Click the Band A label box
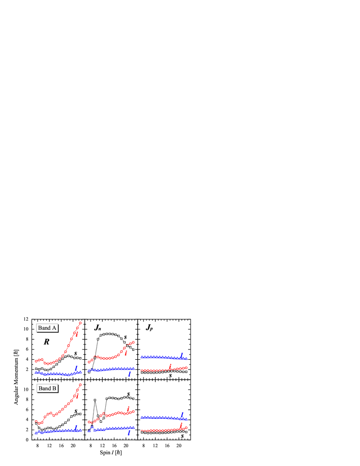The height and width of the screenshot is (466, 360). point(47,328)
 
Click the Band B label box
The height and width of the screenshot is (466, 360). point(47,388)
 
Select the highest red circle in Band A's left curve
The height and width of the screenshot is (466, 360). point(80,323)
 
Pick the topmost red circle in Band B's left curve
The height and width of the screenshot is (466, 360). point(80,385)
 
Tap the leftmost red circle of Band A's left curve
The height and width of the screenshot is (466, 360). point(36,361)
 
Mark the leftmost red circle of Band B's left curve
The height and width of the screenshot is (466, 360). point(36,421)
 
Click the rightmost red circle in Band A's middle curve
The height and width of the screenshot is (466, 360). point(133,343)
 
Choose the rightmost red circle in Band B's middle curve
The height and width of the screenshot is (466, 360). point(133,411)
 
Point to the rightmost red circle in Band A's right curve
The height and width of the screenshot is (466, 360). point(187,367)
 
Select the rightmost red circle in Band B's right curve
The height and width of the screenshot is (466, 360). point(187,428)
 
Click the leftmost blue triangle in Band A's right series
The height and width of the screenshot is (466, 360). point(141,357)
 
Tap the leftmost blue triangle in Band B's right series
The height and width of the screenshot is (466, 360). point(141,417)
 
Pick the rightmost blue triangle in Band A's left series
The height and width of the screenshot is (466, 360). point(81,371)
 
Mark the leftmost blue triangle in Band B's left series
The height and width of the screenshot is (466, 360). point(36,433)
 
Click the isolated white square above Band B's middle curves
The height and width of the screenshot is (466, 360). point(95,400)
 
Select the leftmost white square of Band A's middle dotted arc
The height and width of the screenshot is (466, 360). point(98,339)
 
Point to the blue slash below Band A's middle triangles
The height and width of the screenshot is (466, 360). point(129,374)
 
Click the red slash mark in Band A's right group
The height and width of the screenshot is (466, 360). point(170,365)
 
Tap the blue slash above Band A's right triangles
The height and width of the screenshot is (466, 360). point(182,354)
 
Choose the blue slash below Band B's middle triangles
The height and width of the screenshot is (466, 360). point(129,433)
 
